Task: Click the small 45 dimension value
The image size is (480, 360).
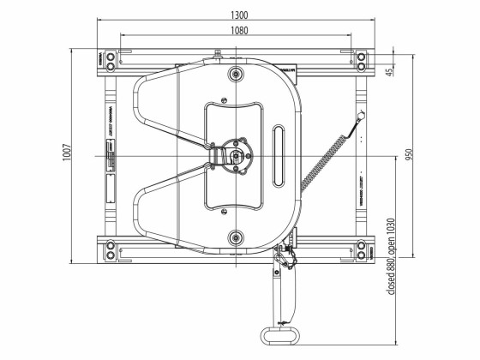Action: pyautogui.click(x=390, y=72)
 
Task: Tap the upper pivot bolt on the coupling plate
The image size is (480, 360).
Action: pyautogui.click(x=235, y=75)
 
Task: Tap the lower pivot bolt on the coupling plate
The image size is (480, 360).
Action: pyautogui.click(x=235, y=237)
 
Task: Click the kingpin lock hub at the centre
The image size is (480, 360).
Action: pyautogui.click(x=237, y=157)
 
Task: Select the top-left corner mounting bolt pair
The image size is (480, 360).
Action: pyautogui.click(x=109, y=60)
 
